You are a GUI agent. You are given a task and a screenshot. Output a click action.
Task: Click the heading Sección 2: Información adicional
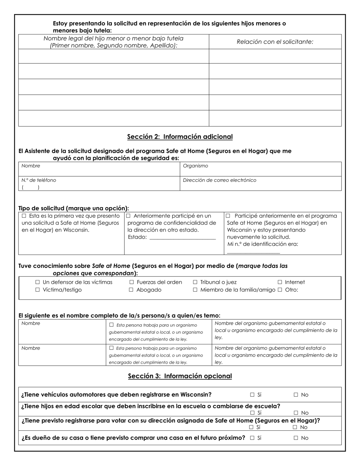[180, 137]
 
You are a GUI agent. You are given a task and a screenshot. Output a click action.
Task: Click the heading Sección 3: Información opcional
[180, 376]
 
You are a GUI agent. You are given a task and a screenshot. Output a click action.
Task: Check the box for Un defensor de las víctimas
[38, 282]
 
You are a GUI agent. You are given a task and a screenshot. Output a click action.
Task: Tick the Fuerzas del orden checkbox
[131, 282]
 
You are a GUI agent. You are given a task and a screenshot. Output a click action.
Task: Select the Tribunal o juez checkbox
[195, 282]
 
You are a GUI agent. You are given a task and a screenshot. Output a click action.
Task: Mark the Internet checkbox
[280, 282]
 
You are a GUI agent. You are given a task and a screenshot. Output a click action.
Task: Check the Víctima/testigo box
[38, 290]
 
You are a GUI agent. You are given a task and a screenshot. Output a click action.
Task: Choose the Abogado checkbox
[131, 290]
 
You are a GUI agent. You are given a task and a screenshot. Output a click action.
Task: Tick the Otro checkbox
[280, 290]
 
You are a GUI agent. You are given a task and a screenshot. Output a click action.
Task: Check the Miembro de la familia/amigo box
[195, 290]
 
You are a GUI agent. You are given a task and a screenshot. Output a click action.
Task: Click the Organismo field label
[196, 166]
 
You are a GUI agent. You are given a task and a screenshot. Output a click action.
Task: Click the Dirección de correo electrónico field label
[219, 180]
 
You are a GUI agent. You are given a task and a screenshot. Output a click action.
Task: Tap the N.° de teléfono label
[39, 180]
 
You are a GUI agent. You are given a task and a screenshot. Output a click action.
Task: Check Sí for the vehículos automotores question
[252, 395]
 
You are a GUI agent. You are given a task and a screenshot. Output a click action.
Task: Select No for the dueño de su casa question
[296, 438]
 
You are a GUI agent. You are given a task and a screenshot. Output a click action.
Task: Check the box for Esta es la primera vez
[24, 216]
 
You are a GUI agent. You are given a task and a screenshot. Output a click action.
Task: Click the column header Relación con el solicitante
[275, 42]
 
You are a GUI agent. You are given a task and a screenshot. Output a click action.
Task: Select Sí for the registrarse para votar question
[251, 427]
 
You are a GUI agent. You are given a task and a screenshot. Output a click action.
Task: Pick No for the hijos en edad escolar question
[296, 413]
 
